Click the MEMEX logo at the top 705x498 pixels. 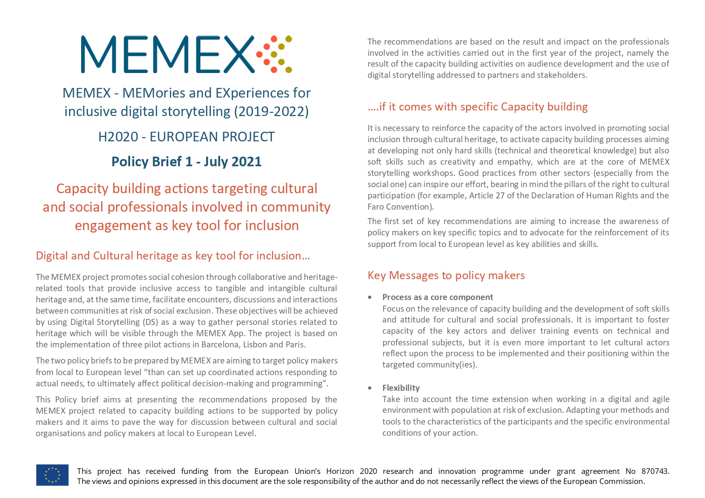[186, 54]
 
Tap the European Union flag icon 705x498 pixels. [52, 475]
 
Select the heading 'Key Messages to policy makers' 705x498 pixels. [446, 276]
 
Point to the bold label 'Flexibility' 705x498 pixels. [401, 388]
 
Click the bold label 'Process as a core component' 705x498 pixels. [437, 297]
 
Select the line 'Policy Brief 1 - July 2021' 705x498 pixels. [186, 161]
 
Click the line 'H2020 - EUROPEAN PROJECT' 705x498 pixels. [186, 137]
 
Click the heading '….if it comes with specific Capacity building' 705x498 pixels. [478, 107]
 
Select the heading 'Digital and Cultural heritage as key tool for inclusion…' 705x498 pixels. [173, 256]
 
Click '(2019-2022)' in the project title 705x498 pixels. [272, 112]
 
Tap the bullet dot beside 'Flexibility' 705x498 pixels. [370, 388]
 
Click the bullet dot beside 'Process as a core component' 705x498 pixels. [370, 298]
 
